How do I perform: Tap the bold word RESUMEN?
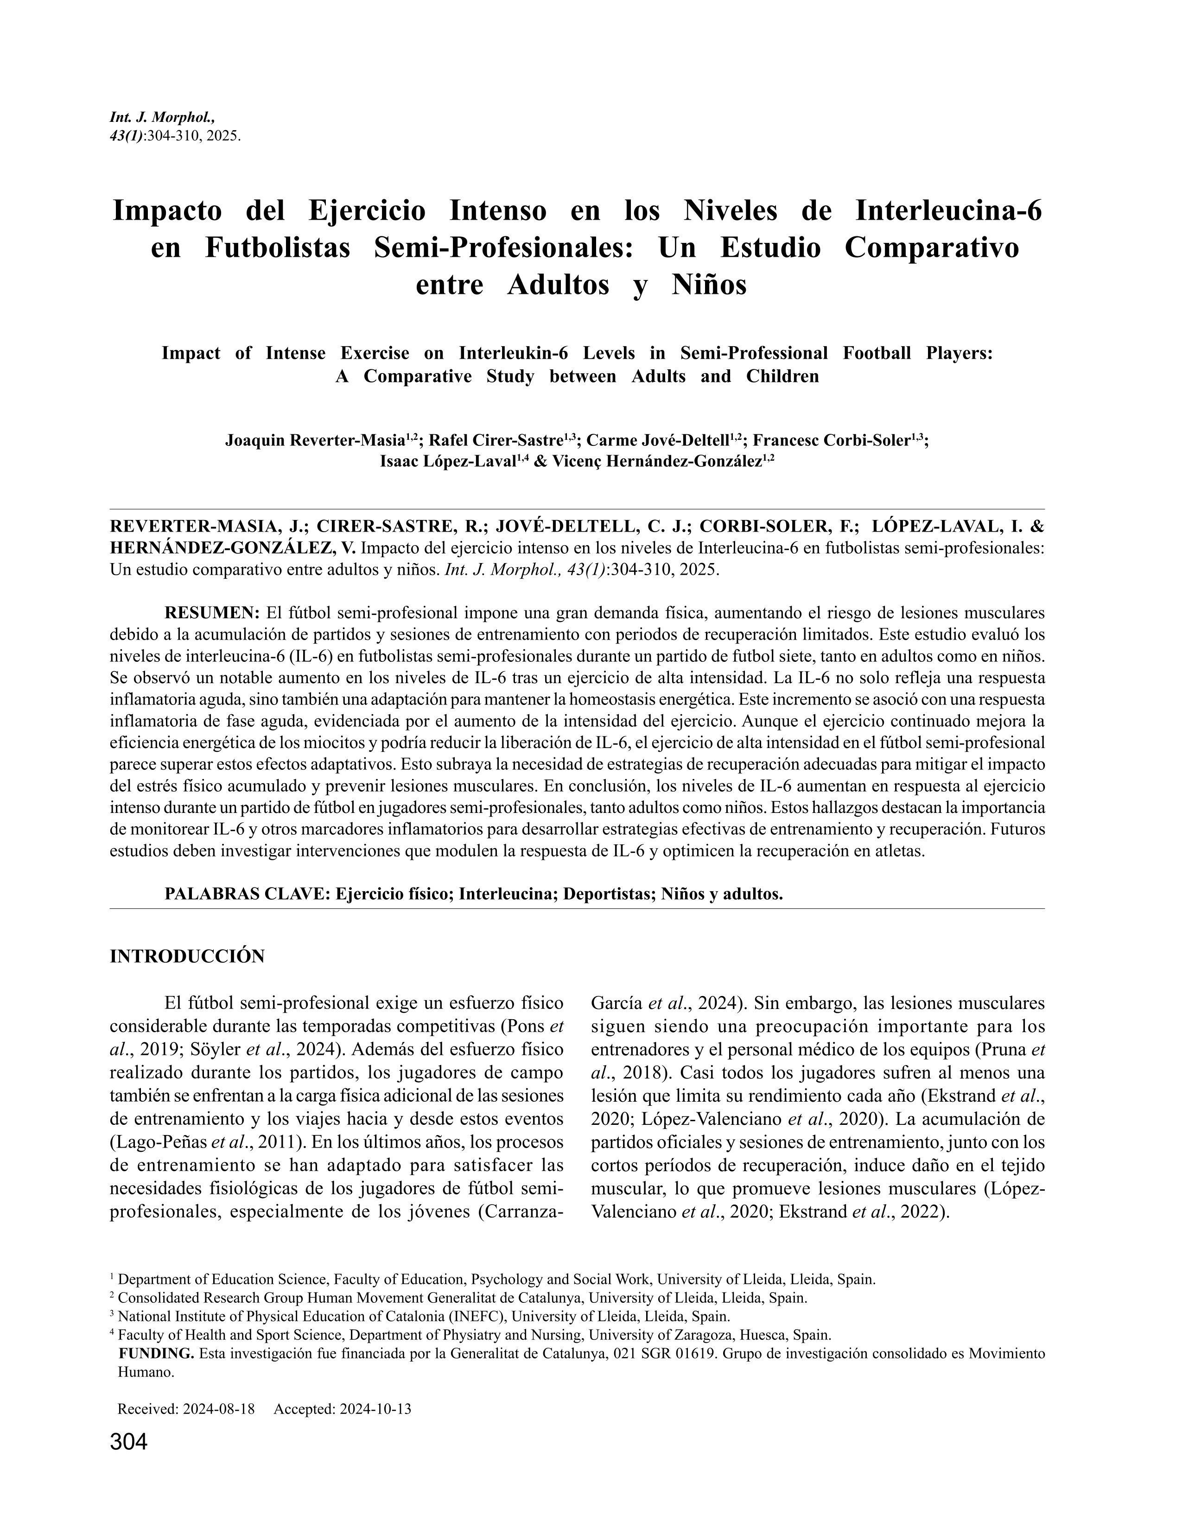click(211, 613)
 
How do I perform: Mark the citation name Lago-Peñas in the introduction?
click(159, 1142)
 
